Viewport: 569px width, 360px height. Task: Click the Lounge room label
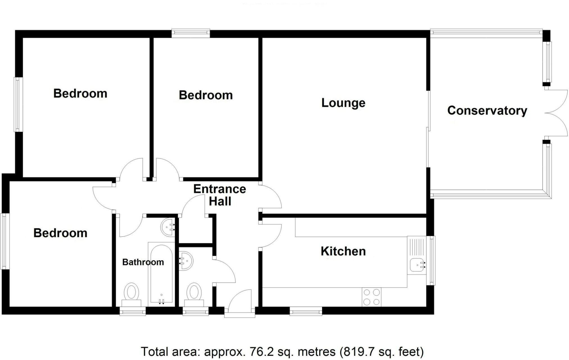[343, 103]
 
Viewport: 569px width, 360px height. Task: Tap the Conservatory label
[487, 110]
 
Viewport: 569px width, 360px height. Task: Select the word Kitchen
[343, 251]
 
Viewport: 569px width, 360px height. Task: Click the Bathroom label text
[143, 262]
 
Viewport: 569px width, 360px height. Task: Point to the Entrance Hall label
[220, 195]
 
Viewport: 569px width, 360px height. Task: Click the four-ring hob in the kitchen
[371, 297]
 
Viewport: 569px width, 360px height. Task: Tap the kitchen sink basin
[418, 265]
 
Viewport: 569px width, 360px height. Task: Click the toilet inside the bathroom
[132, 294]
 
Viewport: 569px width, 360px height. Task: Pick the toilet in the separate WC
[194, 294]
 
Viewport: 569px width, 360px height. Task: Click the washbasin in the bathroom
[168, 227]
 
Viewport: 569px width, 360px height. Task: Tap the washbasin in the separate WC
[186, 261]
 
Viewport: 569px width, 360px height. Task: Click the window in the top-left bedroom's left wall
[18, 104]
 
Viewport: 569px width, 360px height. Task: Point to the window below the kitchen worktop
[306, 311]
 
